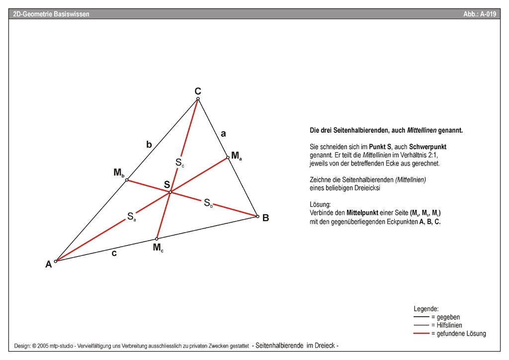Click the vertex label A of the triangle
pos(49,265)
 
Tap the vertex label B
pos(266,218)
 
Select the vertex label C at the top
pos(198,91)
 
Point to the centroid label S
pos(167,185)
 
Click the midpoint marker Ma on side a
pos(228,158)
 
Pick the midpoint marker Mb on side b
pos(127,180)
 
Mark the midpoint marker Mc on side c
pos(157,239)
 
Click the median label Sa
pos(131,216)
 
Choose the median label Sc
pos(179,162)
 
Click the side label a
pos(223,133)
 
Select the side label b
pos(149,145)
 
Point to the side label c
pos(114,253)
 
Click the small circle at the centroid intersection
pos(170,192)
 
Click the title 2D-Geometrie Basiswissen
pos(52,14)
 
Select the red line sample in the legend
pos(422,334)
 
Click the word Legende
pos(426,309)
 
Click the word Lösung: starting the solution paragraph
pos(320,204)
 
